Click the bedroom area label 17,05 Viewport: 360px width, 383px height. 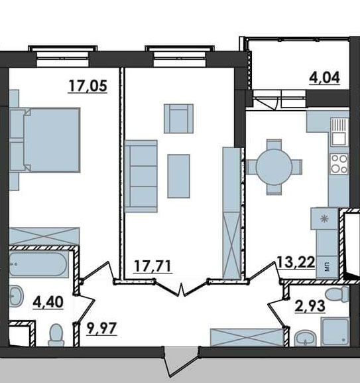click(x=88, y=86)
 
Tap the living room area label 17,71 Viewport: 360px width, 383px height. click(x=153, y=266)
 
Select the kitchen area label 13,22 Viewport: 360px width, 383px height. click(x=296, y=263)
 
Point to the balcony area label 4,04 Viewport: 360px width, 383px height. click(x=324, y=78)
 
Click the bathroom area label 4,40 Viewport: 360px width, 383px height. click(x=48, y=302)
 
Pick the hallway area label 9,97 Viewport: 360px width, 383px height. click(x=101, y=329)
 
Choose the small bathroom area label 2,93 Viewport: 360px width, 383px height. click(x=310, y=306)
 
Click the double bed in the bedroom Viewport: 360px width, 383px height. click(x=45, y=139)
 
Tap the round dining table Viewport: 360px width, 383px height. click(x=274, y=167)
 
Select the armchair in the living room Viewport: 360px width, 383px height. click(x=179, y=119)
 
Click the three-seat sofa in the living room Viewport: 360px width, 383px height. click(x=141, y=176)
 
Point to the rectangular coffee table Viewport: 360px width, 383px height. click(x=179, y=176)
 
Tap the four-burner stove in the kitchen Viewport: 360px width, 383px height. click(x=339, y=163)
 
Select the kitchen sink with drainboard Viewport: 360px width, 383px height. click(x=339, y=131)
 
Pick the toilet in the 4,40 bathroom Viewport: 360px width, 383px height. click(x=56, y=335)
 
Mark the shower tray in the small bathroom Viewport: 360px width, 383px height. click(x=335, y=332)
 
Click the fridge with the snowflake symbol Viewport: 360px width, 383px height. click(x=324, y=218)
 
